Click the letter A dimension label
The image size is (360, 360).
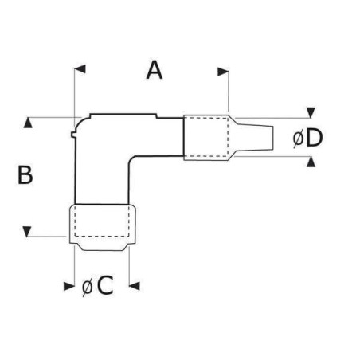pyautogui.click(x=155, y=70)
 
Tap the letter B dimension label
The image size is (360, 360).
pyautogui.click(x=25, y=175)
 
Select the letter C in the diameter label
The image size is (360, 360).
pyautogui.click(x=104, y=286)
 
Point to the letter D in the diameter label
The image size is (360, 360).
pyautogui.click(x=314, y=139)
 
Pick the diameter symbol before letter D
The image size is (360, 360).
pyautogui.click(x=297, y=139)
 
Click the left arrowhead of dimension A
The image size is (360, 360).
pyautogui.click(x=79, y=71)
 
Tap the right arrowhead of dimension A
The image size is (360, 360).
pyautogui.click(x=223, y=71)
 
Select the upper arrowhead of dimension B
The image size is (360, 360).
pyautogui.click(x=29, y=123)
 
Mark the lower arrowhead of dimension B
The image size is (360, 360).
pyautogui.click(x=29, y=232)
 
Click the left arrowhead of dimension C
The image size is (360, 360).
pyautogui.click(x=66, y=284)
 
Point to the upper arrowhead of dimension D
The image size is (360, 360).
pyautogui.click(x=311, y=112)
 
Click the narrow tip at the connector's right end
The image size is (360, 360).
pyautogui.click(x=267, y=137)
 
